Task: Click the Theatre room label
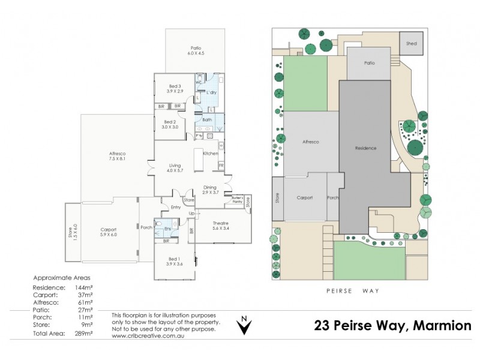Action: point(221,225)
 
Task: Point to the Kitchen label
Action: point(210,154)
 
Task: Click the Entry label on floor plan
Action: point(175,207)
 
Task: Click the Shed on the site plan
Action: point(411,44)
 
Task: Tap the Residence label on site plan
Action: point(365,148)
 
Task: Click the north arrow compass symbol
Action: point(243,326)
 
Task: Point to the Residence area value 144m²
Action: point(85,288)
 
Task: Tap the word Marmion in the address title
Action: point(443,326)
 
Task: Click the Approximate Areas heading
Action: point(62,278)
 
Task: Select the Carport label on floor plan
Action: point(108,230)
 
